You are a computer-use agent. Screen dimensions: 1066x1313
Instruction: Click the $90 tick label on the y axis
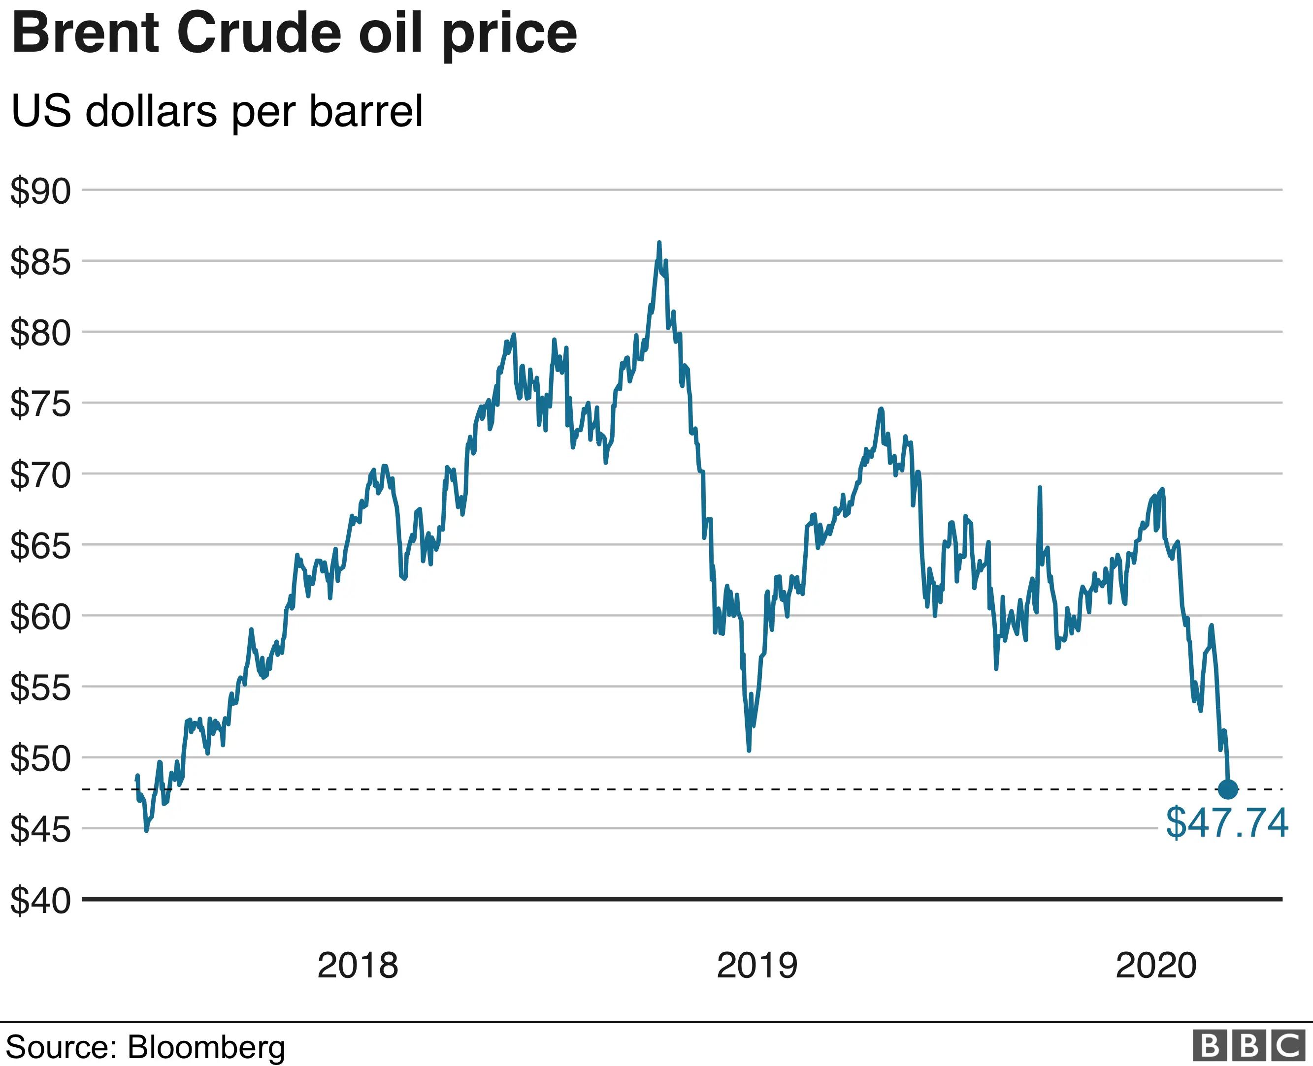pyautogui.click(x=40, y=191)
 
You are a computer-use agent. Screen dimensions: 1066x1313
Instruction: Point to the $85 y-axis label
pyautogui.click(x=40, y=262)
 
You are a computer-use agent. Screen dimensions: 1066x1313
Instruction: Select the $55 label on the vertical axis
pyautogui.click(x=40, y=688)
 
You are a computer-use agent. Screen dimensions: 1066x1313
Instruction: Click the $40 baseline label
pyautogui.click(x=40, y=901)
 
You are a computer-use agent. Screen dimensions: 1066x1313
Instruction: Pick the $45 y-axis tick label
pyautogui.click(x=40, y=830)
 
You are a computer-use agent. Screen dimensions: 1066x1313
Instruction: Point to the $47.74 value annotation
pyautogui.click(x=1226, y=823)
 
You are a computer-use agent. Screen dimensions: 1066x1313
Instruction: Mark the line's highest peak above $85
pyautogui.click(x=659, y=243)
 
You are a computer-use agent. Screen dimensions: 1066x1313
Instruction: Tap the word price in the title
pyautogui.click(x=509, y=35)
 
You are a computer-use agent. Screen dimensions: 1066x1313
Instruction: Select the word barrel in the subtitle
pyautogui.click(x=366, y=111)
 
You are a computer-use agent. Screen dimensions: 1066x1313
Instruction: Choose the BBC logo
pyautogui.click(x=1248, y=1046)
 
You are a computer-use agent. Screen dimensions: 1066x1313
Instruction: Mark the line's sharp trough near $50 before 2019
pyautogui.click(x=749, y=750)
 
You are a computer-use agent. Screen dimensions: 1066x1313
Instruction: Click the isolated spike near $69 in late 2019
pyautogui.click(x=1040, y=488)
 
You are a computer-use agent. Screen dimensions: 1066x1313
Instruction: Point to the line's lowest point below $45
pyautogui.click(x=146, y=830)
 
